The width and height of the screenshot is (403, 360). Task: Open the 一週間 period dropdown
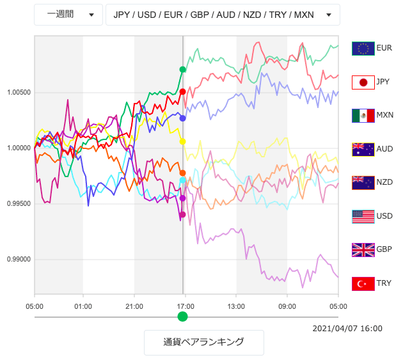(x=68, y=15)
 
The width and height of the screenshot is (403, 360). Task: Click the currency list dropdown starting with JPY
(x=222, y=15)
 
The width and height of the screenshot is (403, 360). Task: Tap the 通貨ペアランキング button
(x=203, y=342)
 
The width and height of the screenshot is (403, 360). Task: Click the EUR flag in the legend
(x=363, y=49)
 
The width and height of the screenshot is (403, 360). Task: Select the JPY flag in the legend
(x=363, y=82)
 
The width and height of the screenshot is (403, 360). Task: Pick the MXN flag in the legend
(x=363, y=116)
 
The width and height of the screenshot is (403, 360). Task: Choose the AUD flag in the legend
(x=363, y=149)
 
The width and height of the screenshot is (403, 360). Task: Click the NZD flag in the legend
(x=363, y=182)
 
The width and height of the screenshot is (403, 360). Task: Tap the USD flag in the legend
(x=363, y=216)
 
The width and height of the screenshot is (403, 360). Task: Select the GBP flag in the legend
(x=363, y=249)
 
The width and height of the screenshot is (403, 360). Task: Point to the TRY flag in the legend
(x=363, y=283)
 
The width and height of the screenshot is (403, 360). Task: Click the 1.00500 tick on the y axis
(x=19, y=92)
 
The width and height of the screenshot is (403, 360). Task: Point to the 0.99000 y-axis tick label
(x=19, y=260)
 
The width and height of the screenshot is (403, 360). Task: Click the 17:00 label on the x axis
(x=185, y=306)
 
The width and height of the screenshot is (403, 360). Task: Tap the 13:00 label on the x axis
(x=236, y=306)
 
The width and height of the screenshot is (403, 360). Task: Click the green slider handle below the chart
(x=183, y=317)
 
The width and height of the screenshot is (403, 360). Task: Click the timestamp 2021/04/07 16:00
(x=347, y=329)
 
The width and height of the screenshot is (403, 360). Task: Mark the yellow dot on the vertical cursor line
(x=183, y=141)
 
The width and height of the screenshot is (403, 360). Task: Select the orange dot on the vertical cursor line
(x=183, y=173)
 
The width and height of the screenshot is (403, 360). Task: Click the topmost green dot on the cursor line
(x=183, y=70)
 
